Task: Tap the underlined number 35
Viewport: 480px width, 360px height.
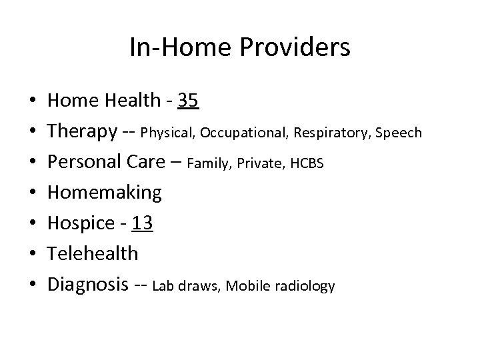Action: click(187, 101)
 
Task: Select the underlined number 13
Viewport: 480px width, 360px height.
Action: click(143, 224)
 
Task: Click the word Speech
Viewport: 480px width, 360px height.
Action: click(399, 133)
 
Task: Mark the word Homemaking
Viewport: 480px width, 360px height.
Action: click(105, 193)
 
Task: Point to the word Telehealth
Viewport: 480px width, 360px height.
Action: click(93, 254)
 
